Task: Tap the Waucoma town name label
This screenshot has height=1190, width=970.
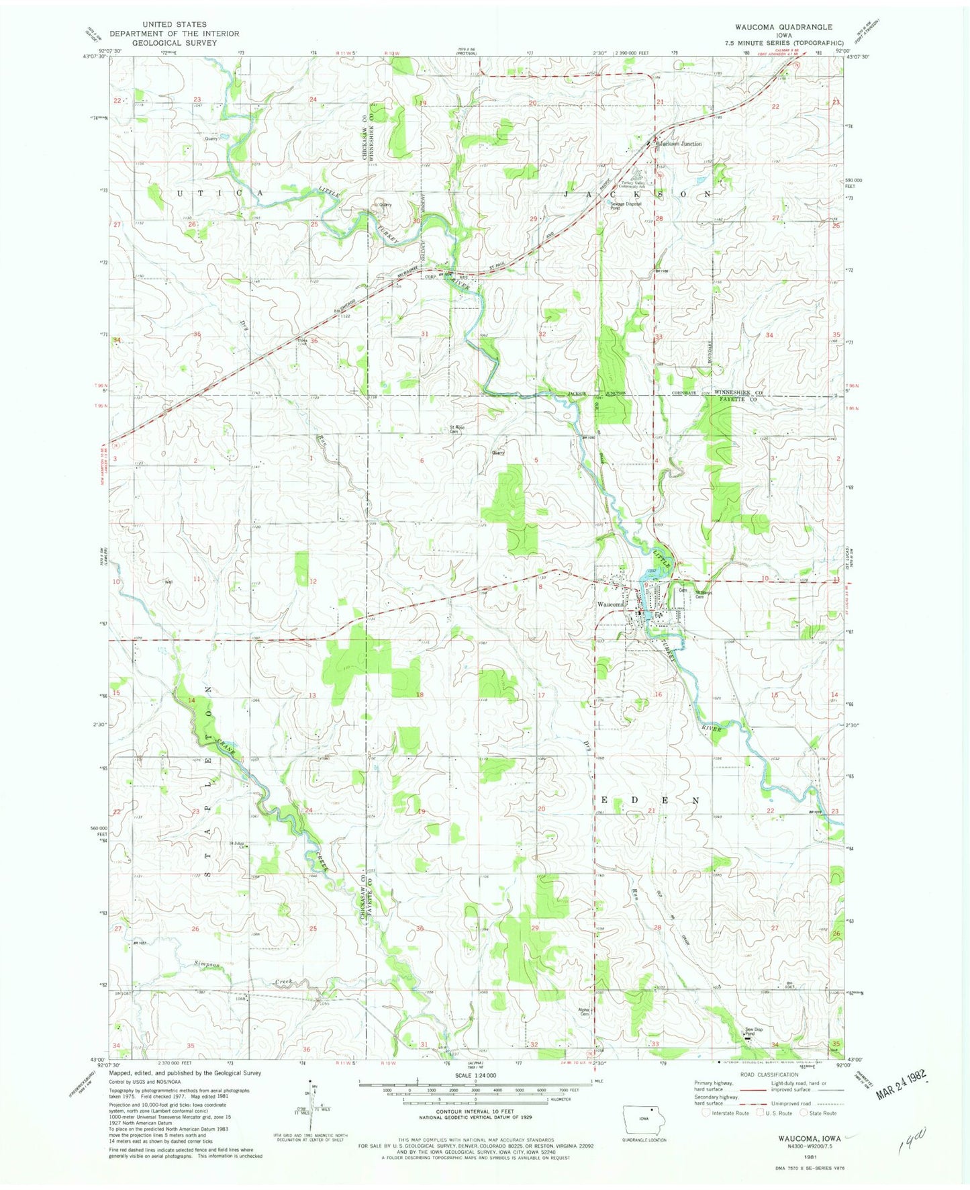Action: click(x=611, y=604)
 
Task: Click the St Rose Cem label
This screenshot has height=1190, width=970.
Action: click(x=458, y=430)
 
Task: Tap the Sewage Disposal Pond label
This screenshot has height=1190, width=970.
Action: click(x=625, y=205)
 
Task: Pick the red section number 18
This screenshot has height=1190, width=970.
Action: click(x=420, y=694)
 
